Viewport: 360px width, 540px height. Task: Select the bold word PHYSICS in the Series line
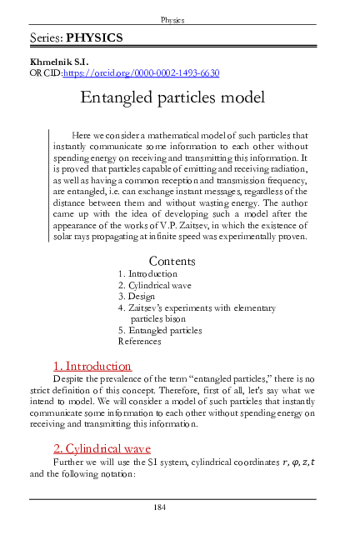(x=94, y=38)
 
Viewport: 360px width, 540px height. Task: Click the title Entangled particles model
(x=172, y=97)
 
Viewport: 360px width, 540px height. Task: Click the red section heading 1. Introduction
(x=92, y=389)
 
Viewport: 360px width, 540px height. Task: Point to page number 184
(x=172, y=507)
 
